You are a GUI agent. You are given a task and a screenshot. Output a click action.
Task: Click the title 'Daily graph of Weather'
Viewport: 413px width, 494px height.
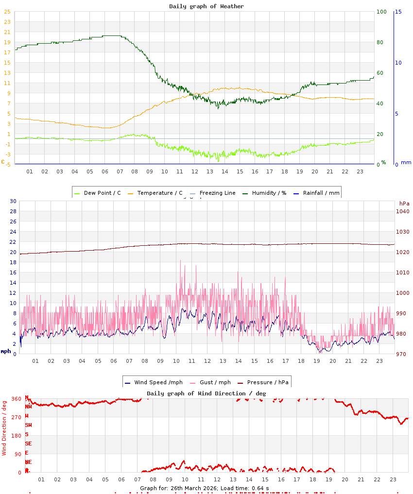click(x=206, y=6)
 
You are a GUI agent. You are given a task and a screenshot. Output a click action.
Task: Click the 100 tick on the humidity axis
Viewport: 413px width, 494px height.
click(x=381, y=12)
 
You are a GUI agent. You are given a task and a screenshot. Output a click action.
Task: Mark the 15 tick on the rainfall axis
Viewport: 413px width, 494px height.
click(x=398, y=12)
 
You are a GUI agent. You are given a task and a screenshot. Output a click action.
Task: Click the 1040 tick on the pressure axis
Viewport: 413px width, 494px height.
click(x=402, y=211)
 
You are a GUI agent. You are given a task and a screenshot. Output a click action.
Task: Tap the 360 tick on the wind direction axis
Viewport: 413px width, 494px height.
click(x=16, y=399)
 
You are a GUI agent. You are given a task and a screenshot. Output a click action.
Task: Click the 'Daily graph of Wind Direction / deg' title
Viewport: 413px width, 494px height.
click(x=206, y=393)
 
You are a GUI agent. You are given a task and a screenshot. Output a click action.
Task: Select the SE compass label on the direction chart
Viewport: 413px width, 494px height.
click(x=29, y=443)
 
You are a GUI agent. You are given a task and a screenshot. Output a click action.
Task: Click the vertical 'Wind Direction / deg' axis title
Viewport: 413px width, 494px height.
click(x=4, y=427)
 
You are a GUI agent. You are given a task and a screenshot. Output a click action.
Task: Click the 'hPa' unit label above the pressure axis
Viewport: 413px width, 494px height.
click(x=405, y=204)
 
